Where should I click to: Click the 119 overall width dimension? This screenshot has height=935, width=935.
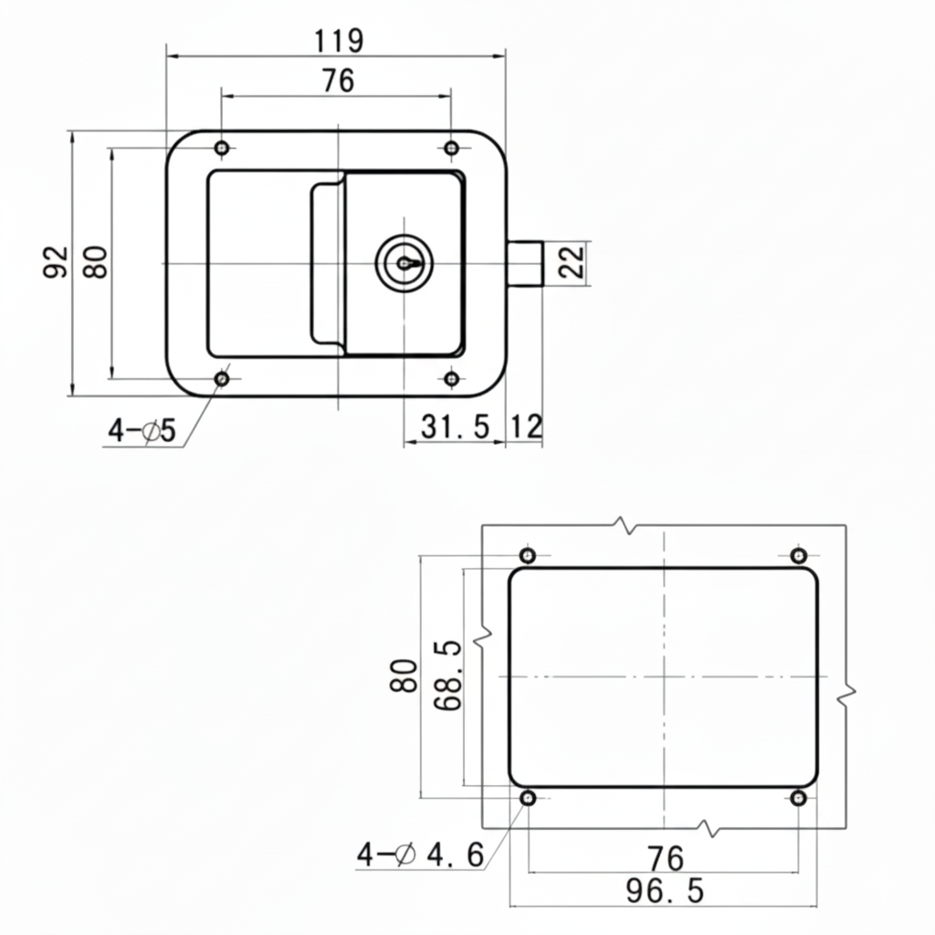[x=339, y=41]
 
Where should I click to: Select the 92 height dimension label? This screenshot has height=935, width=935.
[x=57, y=262]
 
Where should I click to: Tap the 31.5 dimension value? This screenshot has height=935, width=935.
[x=456, y=426]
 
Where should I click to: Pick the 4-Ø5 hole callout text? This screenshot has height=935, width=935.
[x=142, y=431]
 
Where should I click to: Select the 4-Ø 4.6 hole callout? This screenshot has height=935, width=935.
[x=419, y=856]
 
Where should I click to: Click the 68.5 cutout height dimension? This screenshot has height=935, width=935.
[x=446, y=677]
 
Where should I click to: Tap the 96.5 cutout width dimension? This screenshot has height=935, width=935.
[x=665, y=890]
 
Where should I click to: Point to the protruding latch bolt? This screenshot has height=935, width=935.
[x=525, y=264]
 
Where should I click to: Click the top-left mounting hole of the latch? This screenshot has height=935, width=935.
[x=222, y=148]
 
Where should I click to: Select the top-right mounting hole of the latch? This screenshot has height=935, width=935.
[x=451, y=148]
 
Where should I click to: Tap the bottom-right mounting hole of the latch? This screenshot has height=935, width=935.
[x=451, y=379]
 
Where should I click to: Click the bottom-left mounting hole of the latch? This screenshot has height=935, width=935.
[x=222, y=379]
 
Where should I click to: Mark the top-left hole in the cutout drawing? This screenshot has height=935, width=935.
[x=528, y=555]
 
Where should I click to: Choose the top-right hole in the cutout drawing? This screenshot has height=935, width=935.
[x=799, y=555]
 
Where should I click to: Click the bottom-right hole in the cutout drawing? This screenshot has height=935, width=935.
[x=799, y=798]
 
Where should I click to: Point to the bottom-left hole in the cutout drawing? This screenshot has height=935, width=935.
[x=528, y=798]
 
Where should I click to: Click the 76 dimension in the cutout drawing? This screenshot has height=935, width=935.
[x=665, y=858]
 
